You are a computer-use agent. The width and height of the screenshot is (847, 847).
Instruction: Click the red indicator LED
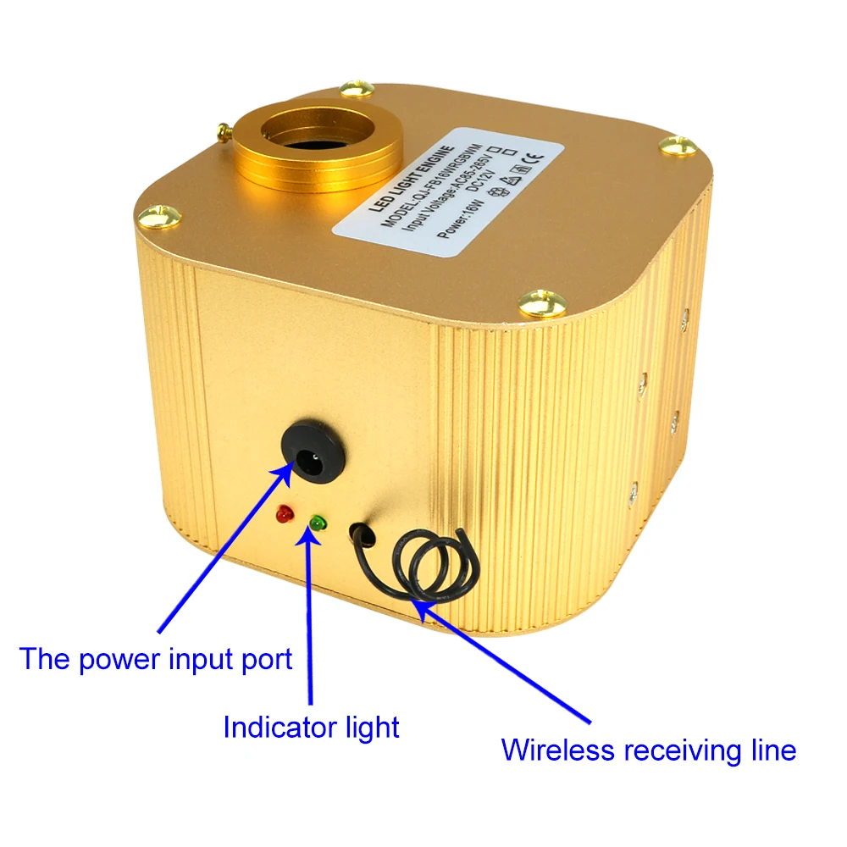coord(282,515)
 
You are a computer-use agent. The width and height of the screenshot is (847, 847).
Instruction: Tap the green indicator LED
coord(318,524)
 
